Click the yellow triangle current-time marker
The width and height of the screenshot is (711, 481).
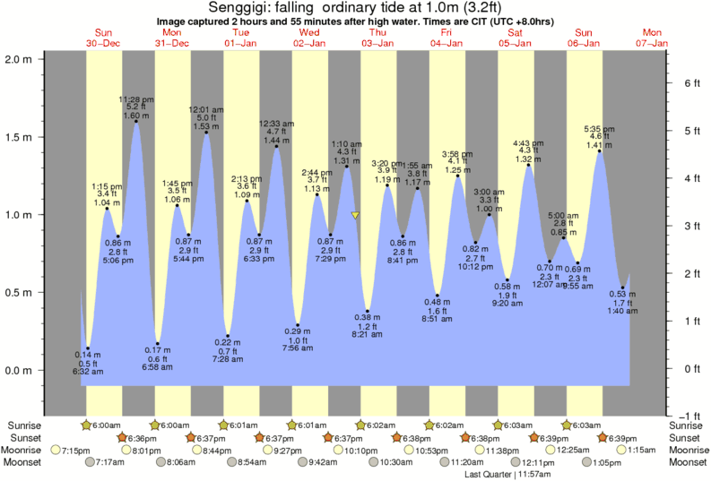356,215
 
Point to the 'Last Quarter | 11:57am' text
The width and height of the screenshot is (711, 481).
507,474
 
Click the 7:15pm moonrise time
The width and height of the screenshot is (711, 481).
76,451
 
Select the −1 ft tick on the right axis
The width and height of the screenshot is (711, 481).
689,415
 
